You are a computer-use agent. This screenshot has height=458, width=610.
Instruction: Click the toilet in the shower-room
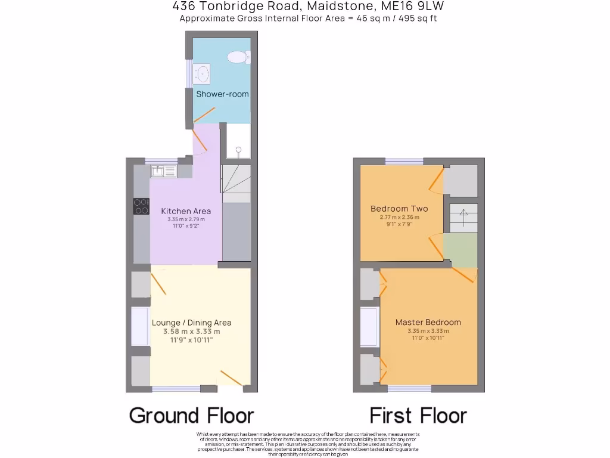(239, 57)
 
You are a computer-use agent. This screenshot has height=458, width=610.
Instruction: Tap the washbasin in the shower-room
(202, 75)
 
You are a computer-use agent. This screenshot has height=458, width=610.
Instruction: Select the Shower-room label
(222, 94)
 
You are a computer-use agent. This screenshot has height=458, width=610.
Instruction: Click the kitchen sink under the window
(163, 172)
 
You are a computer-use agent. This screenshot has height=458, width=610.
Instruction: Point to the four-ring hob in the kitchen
(142, 206)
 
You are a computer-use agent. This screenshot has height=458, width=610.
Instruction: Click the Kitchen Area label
(186, 211)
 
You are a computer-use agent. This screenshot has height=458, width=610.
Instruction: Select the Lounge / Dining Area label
(192, 323)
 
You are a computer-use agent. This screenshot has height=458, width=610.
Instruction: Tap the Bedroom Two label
(399, 209)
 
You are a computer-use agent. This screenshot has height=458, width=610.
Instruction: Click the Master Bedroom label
(428, 322)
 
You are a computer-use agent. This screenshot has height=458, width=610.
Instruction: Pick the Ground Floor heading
(191, 415)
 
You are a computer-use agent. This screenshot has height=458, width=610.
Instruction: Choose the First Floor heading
(418, 415)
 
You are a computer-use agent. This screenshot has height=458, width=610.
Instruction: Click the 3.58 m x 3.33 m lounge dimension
(192, 332)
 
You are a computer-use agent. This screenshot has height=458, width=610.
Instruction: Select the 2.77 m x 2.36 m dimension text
(399, 217)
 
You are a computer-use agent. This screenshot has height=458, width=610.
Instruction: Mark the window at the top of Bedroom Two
(404, 161)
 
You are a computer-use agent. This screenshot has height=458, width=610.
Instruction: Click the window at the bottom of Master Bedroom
(410, 389)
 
